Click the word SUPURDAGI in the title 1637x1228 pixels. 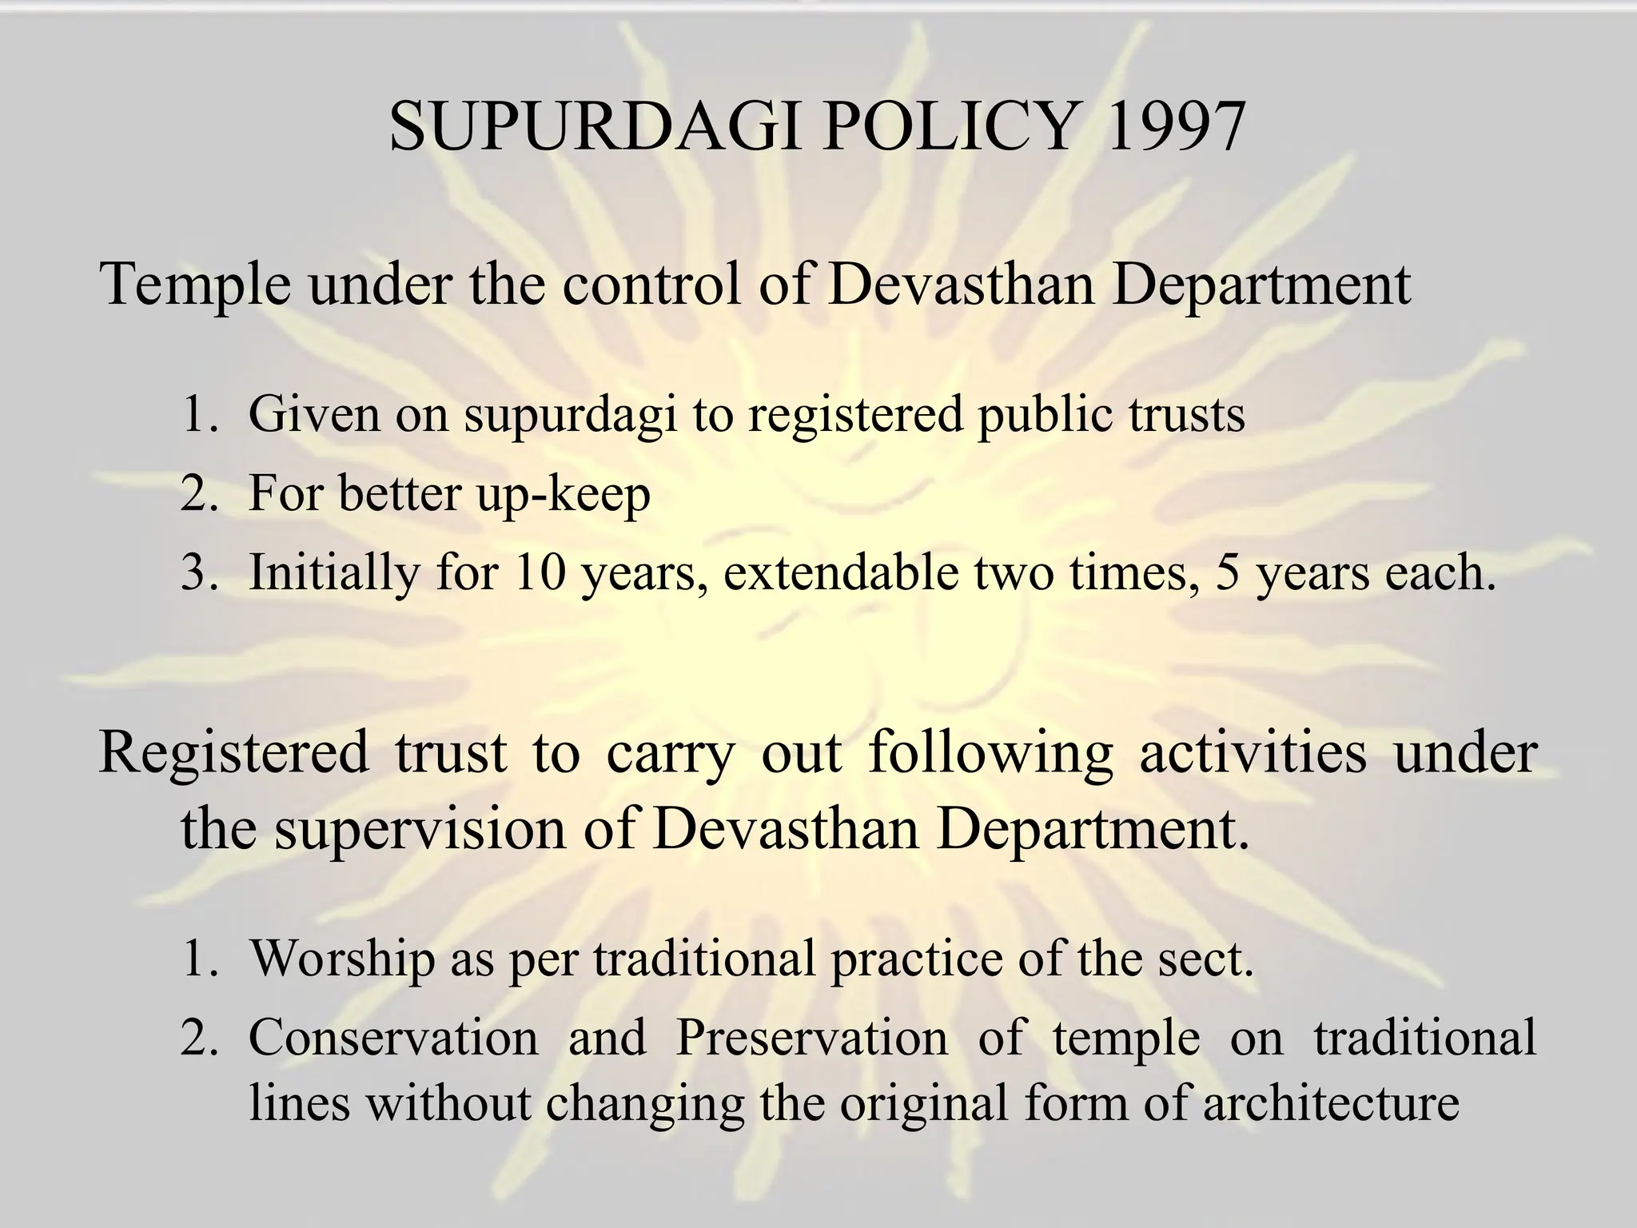pyautogui.click(x=595, y=126)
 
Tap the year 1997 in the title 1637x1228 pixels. pyautogui.click(x=1172, y=126)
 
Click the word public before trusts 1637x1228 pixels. pyautogui.click(x=1045, y=416)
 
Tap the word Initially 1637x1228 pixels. pyautogui.click(x=334, y=573)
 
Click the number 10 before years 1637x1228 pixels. pyautogui.click(x=540, y=572)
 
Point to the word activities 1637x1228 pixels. pyautogui.click(x=1253, y=752)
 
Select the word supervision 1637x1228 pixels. pyautogui.click(x=420, y=830)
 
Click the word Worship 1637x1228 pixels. pyautogui.click(x=341, y=958)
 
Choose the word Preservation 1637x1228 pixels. pyautogui.click(x=812, y=1037)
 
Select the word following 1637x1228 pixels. pyautogui.click(x=990, y=754)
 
